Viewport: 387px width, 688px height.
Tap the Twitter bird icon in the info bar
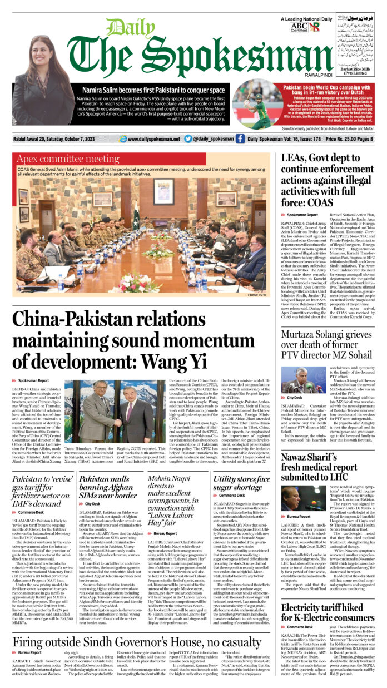point(188,139)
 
